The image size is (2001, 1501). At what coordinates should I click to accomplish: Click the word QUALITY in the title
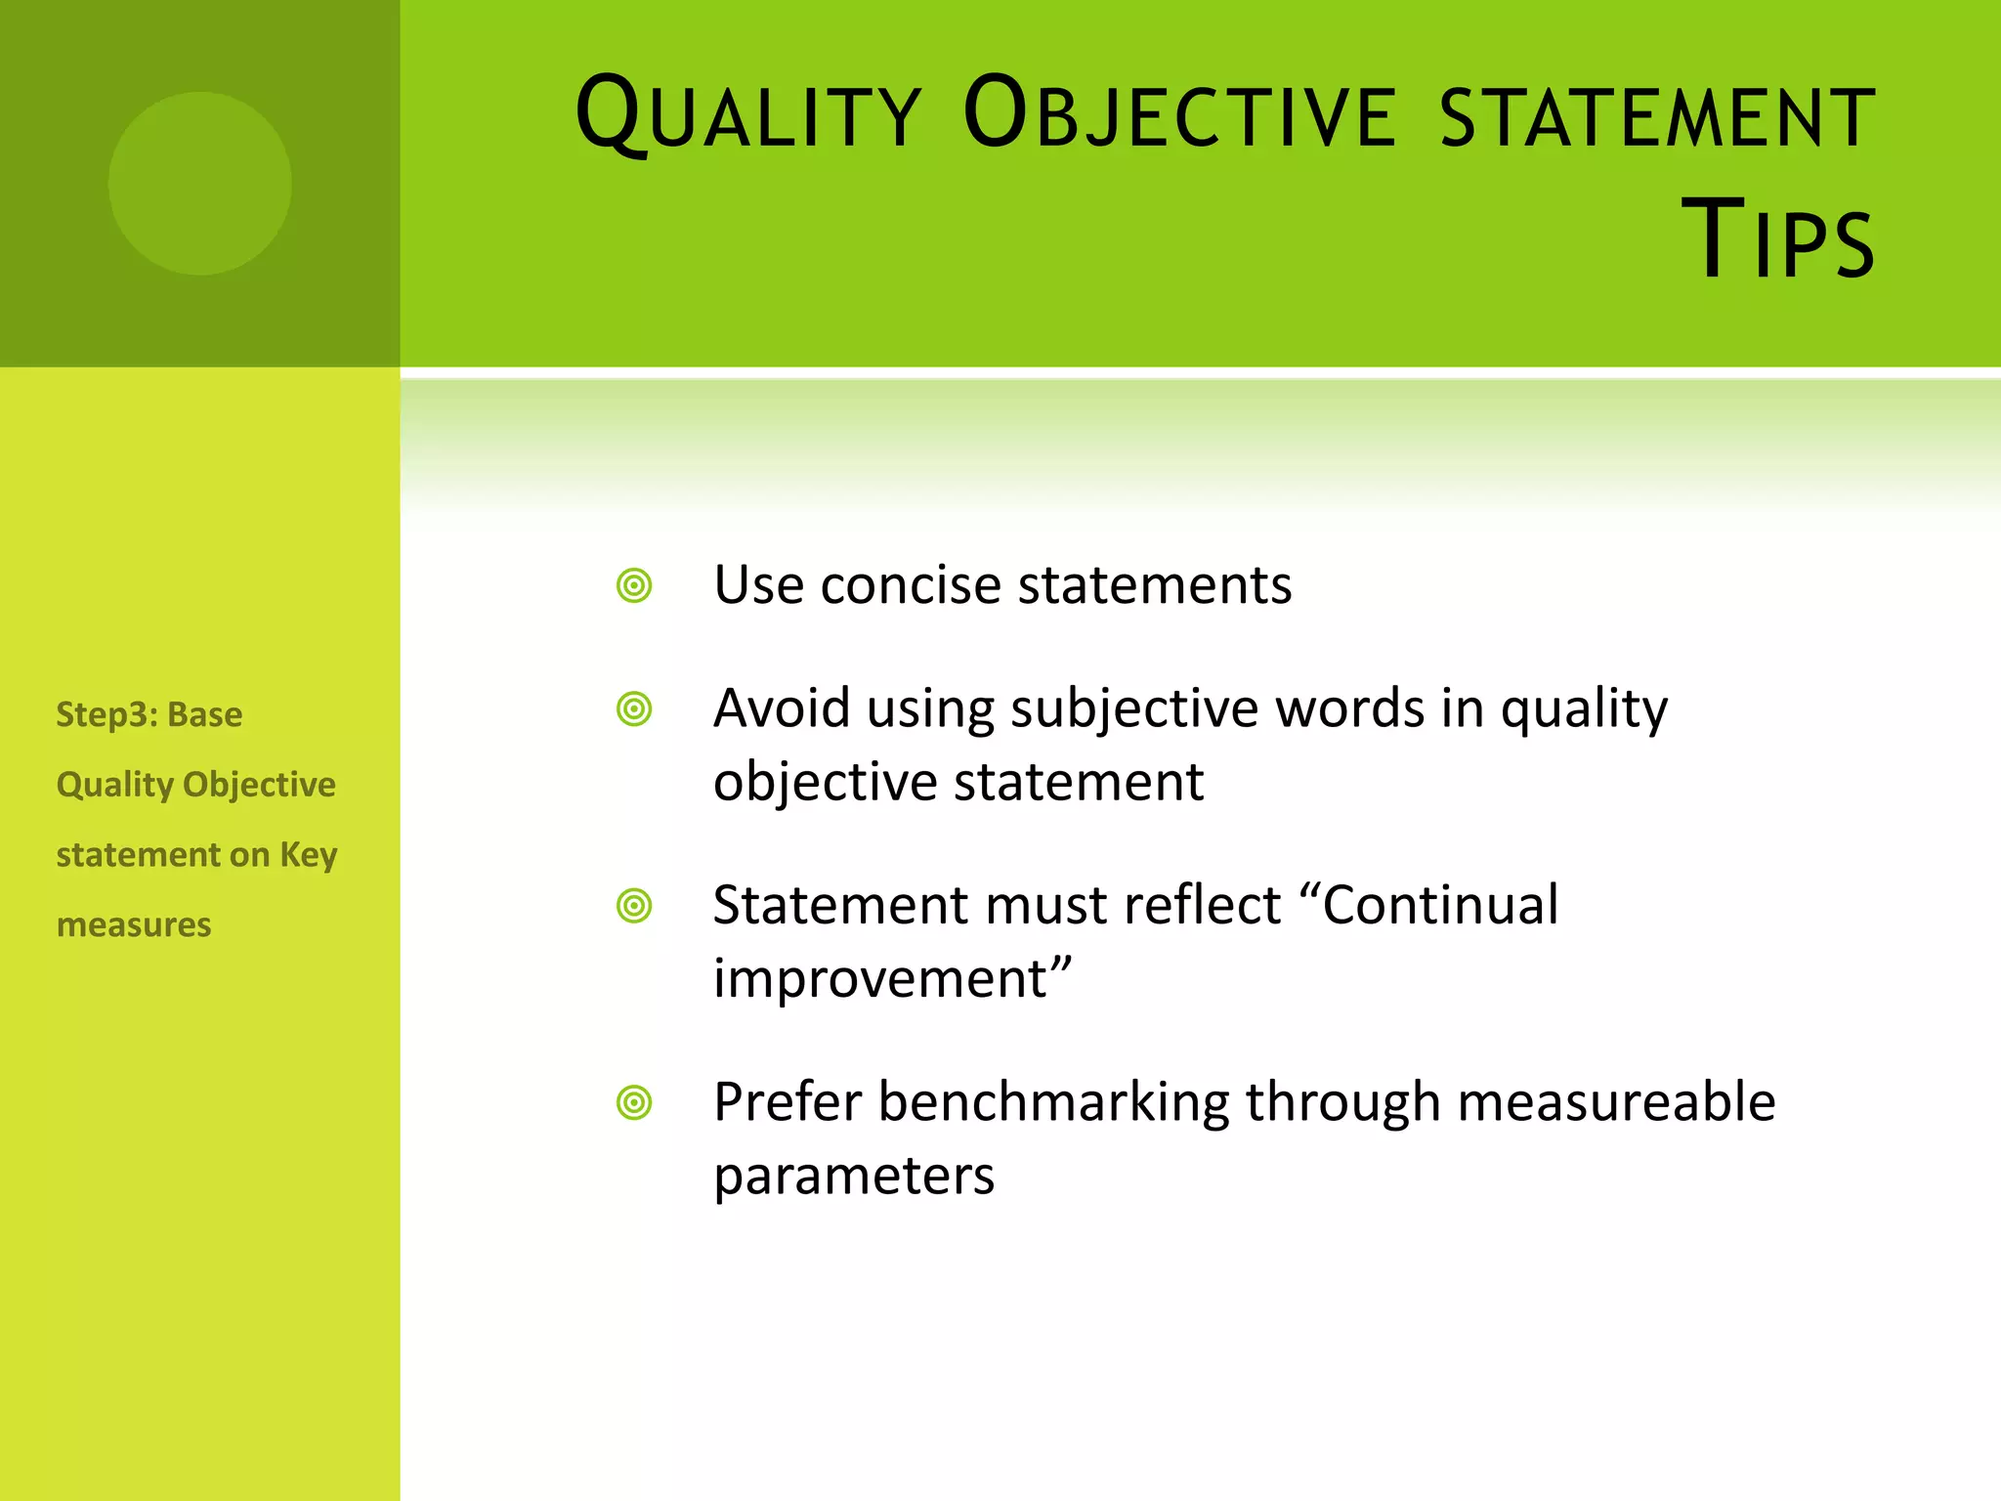tap(748, 115)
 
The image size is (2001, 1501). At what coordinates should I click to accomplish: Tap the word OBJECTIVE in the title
tap(1179, 115)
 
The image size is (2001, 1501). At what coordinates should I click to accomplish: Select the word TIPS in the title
tap(1777, 239)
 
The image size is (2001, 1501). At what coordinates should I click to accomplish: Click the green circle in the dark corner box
tap(199, 184)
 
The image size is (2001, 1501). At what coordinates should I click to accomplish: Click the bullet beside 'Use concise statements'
tap(634, 586)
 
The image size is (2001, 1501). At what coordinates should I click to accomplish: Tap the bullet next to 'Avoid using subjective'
tap(634, 709)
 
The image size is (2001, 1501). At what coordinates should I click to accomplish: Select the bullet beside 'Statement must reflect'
tap(634, 906)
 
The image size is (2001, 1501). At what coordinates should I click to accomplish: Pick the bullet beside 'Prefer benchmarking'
tap(634, 1103)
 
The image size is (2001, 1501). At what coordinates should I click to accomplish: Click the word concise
tap(911, 586)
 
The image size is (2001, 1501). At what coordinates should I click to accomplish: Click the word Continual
tap(1440, 905)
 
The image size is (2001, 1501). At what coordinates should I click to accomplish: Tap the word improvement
tap(880, 978)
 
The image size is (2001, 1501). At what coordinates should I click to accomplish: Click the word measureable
tap(1616, 1103)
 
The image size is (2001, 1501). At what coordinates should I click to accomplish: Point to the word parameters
tap(854, 1177)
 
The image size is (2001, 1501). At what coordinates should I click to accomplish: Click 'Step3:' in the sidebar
tap(106, 715)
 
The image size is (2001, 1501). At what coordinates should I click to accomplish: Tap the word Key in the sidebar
tap(308, 855)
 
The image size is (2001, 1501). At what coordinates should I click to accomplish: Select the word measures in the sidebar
tap(134, 924)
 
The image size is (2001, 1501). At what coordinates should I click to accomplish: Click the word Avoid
tap(781, 709)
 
